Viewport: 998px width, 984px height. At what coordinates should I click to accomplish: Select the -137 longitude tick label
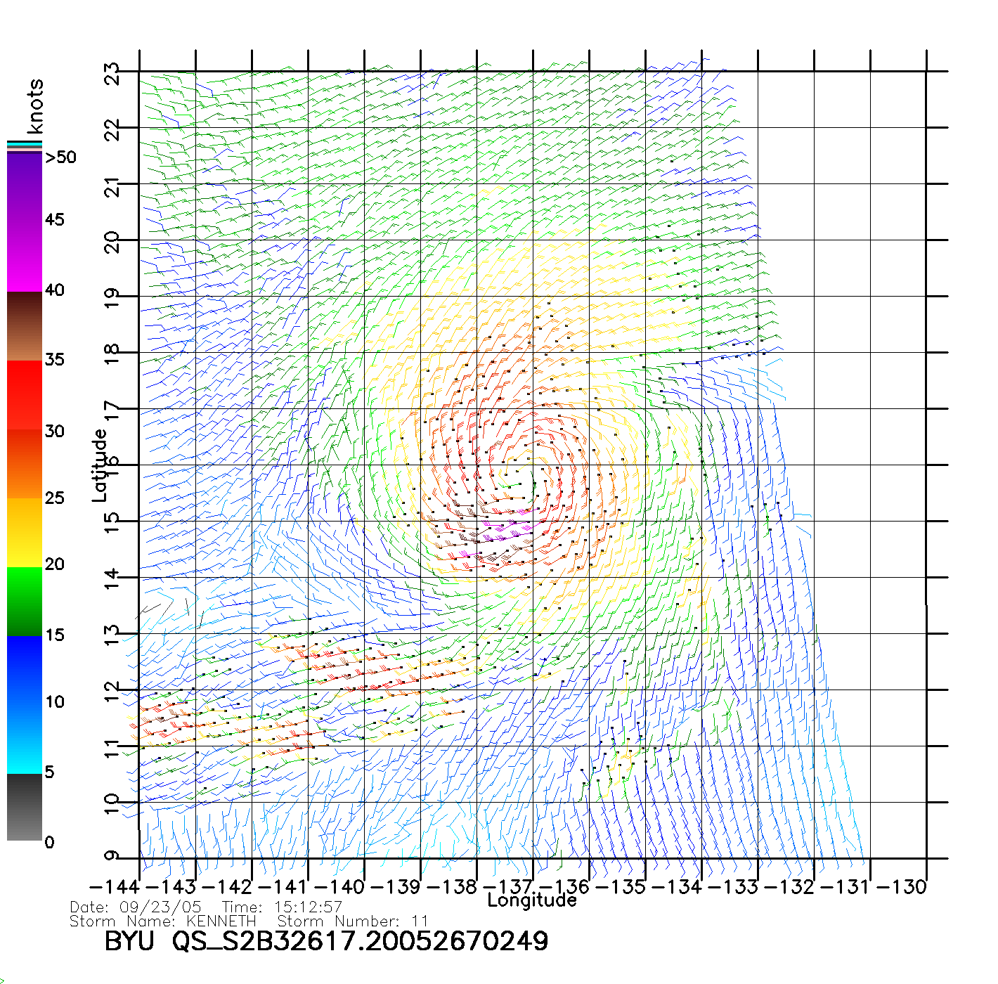(x=508, y=887)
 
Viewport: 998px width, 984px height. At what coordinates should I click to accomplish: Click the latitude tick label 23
(x=112, y=74)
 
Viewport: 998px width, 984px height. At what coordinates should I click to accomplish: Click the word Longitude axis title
(x=532, y=900)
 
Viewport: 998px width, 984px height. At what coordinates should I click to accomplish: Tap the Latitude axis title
(x=100, y=465)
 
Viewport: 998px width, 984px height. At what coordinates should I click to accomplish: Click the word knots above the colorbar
(x=34, y=107)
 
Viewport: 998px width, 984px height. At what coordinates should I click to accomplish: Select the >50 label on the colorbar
(x=61, y=157)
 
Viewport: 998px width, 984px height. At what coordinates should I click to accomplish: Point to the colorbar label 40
(x=54, y=290)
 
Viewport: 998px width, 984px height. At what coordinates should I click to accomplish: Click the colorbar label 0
(x=49, y=842)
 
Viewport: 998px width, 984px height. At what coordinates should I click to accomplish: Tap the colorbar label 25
(x=54, y=498)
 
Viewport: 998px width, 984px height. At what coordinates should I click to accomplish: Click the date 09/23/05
(x=161, y=907)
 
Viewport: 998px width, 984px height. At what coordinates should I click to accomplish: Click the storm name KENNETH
(x=221, y=921)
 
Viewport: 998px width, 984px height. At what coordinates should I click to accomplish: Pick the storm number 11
(x=420, y=921)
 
